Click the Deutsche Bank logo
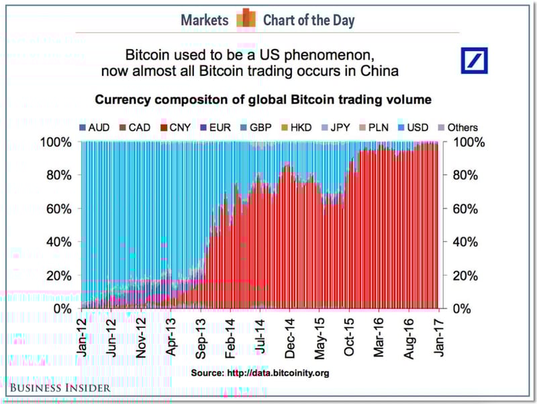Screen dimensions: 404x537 click(x=479, y=60)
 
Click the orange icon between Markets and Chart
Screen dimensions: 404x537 click(x=245, y=19)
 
